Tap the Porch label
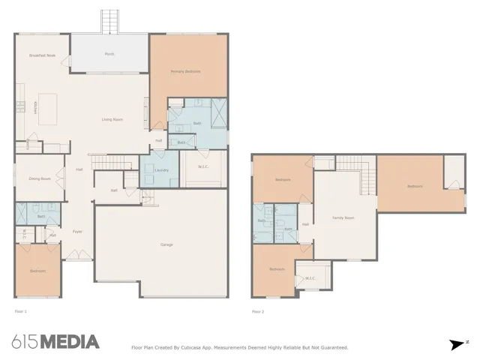(x=109, y=54)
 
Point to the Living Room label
(x=112, y=119)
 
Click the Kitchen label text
(x=34, y=108)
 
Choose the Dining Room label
(x=39, y=178)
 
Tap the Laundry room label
(x=161, y=170)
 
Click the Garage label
(x=168, y=245)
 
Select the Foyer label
(x=77, y=232)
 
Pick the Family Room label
(x=343, y=217)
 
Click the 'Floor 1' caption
(x=20, y=310)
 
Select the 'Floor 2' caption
(x=258, y=310)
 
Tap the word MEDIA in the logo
(x=69, y=342)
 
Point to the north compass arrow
(x=457, y=344)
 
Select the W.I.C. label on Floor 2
(x=310, y=277)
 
